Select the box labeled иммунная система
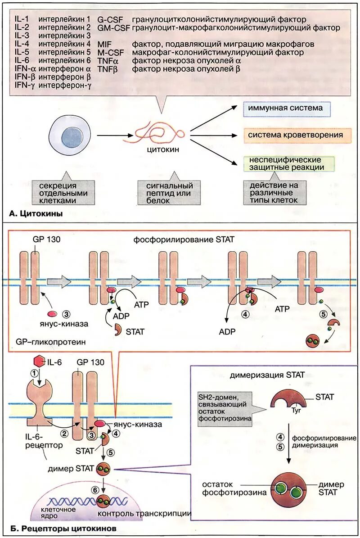(x=287, y=109)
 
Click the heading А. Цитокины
(x=36, y=214)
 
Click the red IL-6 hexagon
(x=39, y=362)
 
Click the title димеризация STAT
(x=267, y=375)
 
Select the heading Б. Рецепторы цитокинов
(x=63, y=528)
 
